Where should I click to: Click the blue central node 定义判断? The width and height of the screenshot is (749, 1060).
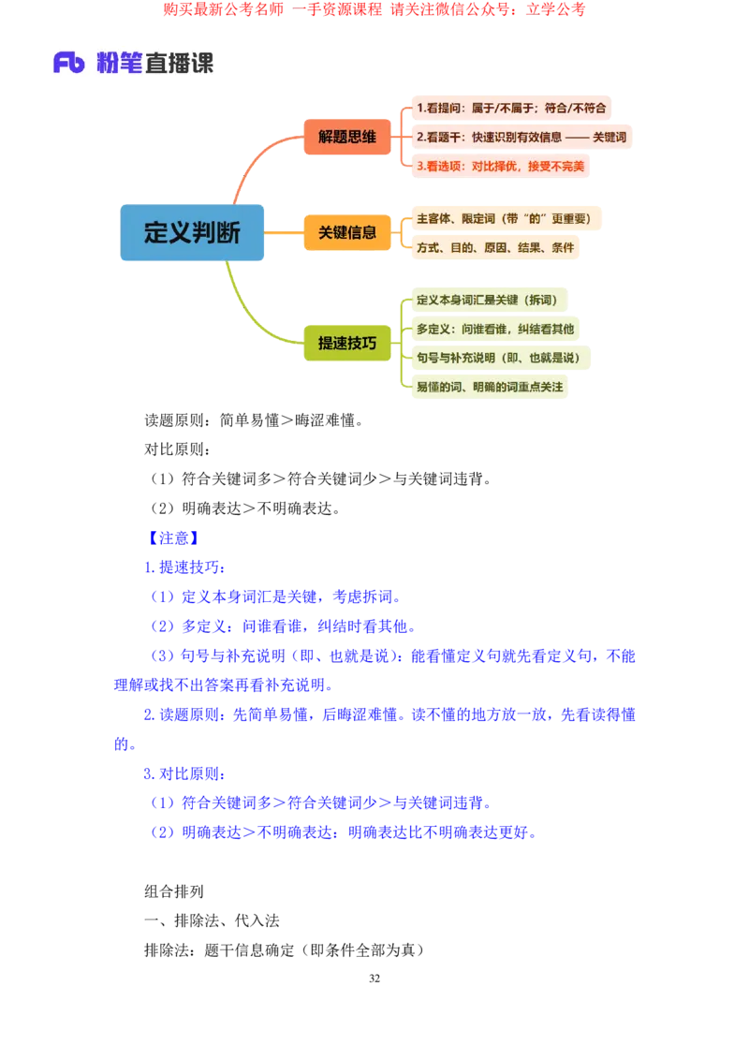193,232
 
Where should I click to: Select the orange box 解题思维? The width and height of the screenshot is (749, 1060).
346,137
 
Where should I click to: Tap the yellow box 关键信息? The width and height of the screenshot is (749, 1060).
346,232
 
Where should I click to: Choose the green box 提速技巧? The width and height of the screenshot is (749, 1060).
346,343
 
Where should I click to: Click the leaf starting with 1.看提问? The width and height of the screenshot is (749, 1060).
511,108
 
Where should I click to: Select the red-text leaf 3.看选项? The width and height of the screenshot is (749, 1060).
500,166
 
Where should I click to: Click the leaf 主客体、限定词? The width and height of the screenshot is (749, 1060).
503,218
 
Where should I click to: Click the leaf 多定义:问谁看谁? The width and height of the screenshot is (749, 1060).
494,329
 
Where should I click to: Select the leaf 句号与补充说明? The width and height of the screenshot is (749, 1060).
498,358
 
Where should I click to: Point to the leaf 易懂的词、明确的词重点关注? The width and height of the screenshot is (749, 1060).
490,387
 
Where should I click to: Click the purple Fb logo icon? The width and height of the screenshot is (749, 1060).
69,63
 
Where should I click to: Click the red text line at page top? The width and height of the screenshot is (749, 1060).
374,10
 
